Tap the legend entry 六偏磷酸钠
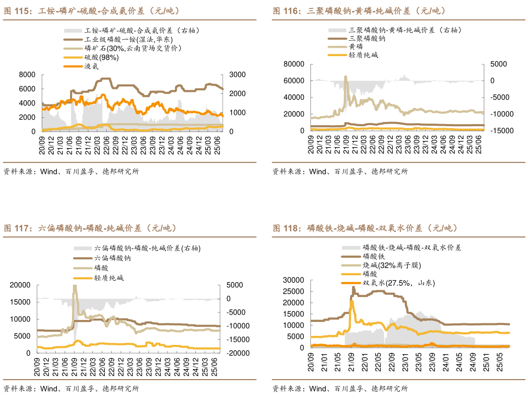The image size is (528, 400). click(112, 258)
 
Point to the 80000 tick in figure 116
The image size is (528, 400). click(293, 64)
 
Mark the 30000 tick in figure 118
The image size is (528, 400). click(293, 280)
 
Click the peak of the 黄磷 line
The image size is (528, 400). click(346, 77)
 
